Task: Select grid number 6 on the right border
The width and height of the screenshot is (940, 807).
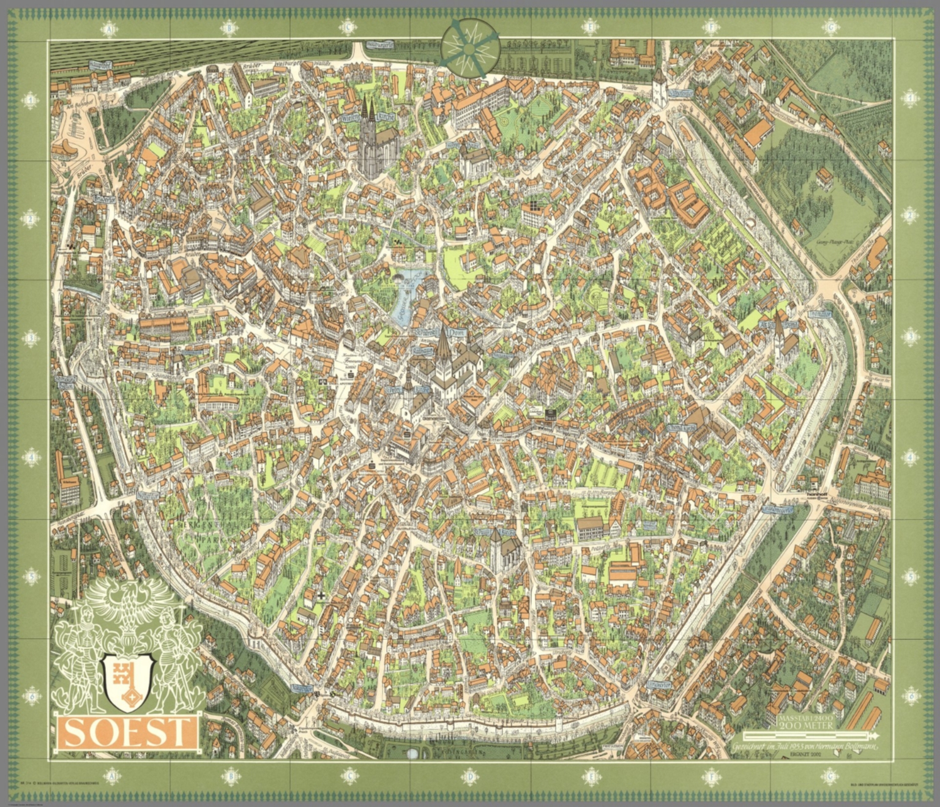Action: (912, 695)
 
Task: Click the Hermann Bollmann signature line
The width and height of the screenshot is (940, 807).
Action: (805, 748)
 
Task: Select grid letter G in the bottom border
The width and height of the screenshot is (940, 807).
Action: (830, 777)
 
